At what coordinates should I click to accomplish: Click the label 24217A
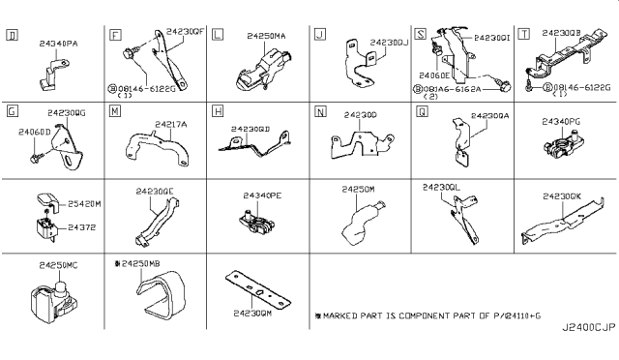pyautogui.click(x=170, y=123)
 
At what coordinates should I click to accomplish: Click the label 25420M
pyautogui.click(x=84, y=204)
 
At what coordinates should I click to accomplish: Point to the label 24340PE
pyautogui.click(x=260, y=195)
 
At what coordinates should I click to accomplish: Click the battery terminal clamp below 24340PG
pyautogui.click(x=562, y=149)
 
